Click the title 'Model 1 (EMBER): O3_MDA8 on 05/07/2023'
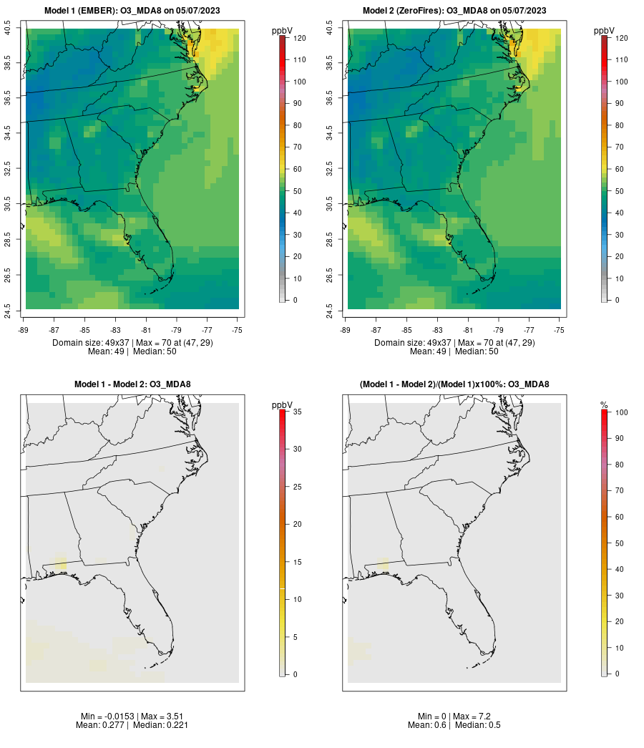click(132, 11)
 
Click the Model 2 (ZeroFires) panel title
click(454, 11)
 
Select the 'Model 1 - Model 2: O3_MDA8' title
click(132, 384)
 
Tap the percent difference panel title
click(454, 384)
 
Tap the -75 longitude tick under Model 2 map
click(560, 330)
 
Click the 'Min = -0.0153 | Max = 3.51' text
click(132, 717)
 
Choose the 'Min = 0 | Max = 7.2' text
click(454, 717)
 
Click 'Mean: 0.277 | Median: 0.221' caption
click(132, 725)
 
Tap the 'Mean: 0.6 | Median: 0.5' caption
click(454, 725)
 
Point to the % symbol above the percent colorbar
click(604, 405)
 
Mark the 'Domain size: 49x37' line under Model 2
click(454, 343)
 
